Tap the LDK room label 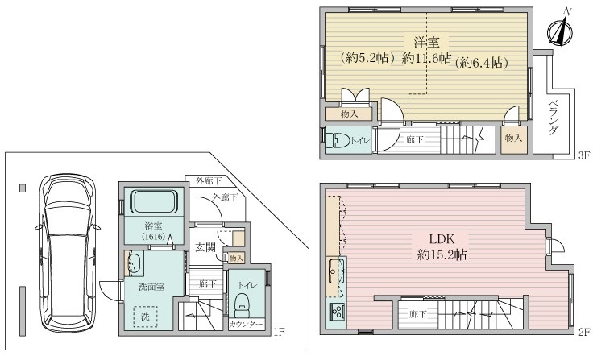click(x=442, y=239)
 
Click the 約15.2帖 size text click(x=442, y=254)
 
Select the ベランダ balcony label click(x=554, y=117)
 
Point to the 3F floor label click(x=584, y=155)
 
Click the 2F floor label click(x=584, y=332)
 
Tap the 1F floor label click(x=279, y=332)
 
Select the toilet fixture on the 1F click(x=243, y=304)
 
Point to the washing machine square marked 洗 click(x=146, y=317)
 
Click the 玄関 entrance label click(x=205, y=247)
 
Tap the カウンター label click(x=246, y=325)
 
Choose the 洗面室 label click(x=151, y=287)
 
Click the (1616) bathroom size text click(x=154, y=237)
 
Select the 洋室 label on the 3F click(x=426, y=42)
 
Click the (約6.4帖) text click(x=481, y=62)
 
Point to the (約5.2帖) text click(x=367, y=58)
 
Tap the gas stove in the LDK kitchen click(x=336, y=312)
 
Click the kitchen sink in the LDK click(x=334, y=271)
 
